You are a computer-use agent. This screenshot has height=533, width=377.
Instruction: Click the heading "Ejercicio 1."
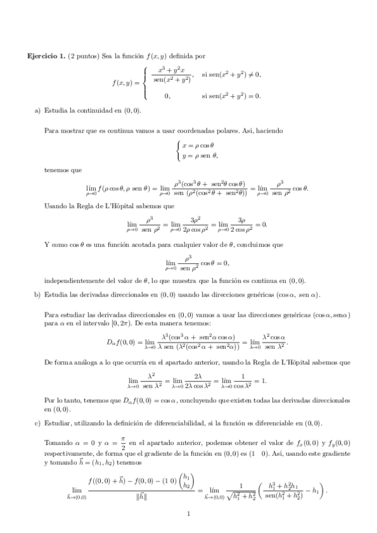(x=46, y=57)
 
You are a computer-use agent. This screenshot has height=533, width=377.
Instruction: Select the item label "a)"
(x=37, y=111)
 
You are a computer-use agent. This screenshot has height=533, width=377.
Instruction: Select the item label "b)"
(x=37, y=294)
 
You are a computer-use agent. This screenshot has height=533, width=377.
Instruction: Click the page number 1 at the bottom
(x=188, y=514)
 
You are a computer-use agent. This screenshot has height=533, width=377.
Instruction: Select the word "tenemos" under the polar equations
(x=57, y=170)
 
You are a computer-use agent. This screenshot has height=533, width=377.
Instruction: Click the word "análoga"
(x=76, y=363)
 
